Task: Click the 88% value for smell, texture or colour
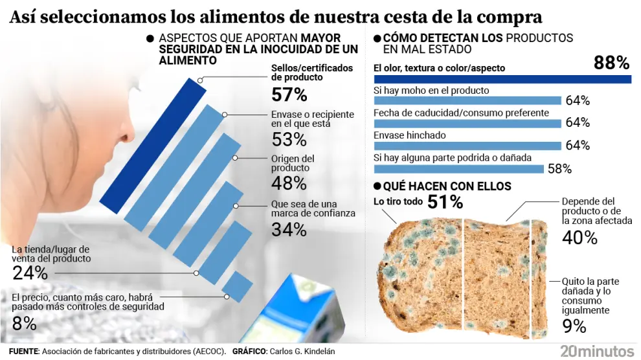pos(611,63)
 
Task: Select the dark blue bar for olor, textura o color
pos(502,79)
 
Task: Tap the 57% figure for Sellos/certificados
pos(289,95)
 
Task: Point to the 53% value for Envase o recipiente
pos(289,139)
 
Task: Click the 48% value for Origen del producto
pos(289,183)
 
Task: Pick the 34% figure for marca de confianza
pos(289,229)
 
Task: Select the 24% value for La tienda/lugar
pos(30,273)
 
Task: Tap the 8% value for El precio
pos(22,322)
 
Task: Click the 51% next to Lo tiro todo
pos(445,202)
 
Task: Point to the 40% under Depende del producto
pos(579,238)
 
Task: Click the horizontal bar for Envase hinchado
pos(467,145)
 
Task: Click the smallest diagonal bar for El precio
pos(237,286)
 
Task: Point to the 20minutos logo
pos(597,351)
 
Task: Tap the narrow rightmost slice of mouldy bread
pos(539,278)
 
